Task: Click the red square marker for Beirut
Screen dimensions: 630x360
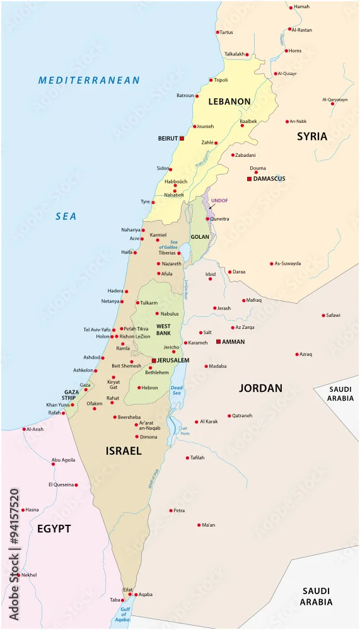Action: click(x=182, y=138)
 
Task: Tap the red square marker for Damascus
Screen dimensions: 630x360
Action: click(x=249, y=179)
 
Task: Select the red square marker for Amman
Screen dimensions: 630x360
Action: click(x=218, y=341)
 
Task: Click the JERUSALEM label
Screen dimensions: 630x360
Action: click(x=173, y=360)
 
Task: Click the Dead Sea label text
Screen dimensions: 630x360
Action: click(x=176, y=390)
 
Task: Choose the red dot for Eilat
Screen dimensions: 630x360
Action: click(x=130, y=594)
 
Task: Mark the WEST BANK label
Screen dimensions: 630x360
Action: click(x=163, y=329)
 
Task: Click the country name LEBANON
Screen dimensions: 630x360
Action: click(x=229, y=101)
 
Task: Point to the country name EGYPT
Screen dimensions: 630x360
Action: click(x=53, y=529)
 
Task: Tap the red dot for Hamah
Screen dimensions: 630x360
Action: click(x=291, y=7)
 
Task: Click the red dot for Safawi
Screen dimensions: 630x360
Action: click(x=322, y=315)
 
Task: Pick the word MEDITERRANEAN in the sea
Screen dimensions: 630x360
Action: click(x=89, y=80)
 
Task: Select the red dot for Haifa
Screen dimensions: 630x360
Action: click(x=136, y=252)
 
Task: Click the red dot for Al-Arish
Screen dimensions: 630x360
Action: click(x=24, y=430)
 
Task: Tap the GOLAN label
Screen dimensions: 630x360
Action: click(x=200, y=237)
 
